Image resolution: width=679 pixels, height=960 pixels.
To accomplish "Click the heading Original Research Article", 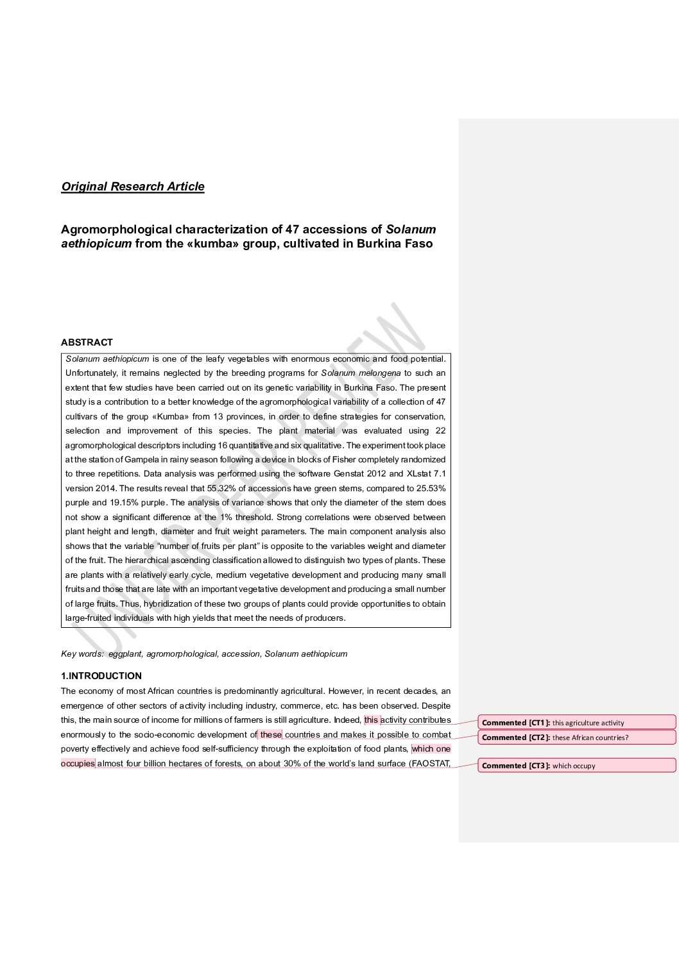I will (133, 187).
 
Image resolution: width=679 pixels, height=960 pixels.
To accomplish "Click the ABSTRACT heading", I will (87, 342).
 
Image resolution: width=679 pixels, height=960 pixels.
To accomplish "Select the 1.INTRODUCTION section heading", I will (101, 676).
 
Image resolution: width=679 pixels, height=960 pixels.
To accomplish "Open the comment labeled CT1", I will (576, 723).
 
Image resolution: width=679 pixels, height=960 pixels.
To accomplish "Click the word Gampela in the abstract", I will (141, 460).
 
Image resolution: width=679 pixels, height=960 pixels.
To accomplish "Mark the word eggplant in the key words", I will (125, 654).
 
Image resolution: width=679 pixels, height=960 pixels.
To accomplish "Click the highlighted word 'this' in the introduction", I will (372, 720).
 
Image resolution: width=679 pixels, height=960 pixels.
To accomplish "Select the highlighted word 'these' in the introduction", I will (270, 735).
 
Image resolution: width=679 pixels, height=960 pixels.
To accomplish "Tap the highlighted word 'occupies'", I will (78, 764).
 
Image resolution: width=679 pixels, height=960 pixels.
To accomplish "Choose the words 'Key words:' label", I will (82, 654).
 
